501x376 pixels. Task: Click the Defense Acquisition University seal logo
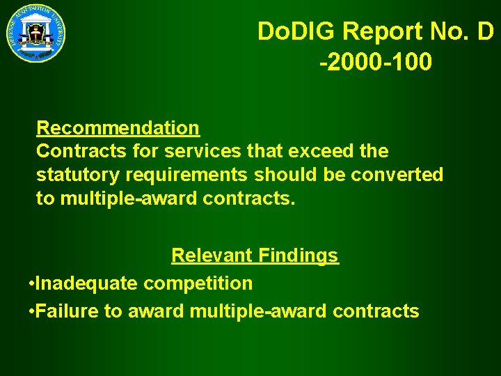tap(36, 32)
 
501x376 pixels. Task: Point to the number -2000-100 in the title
tap(376, 62)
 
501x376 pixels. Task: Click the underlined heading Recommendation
tap(118, 128)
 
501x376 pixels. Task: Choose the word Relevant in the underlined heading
tap(212, 256)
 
